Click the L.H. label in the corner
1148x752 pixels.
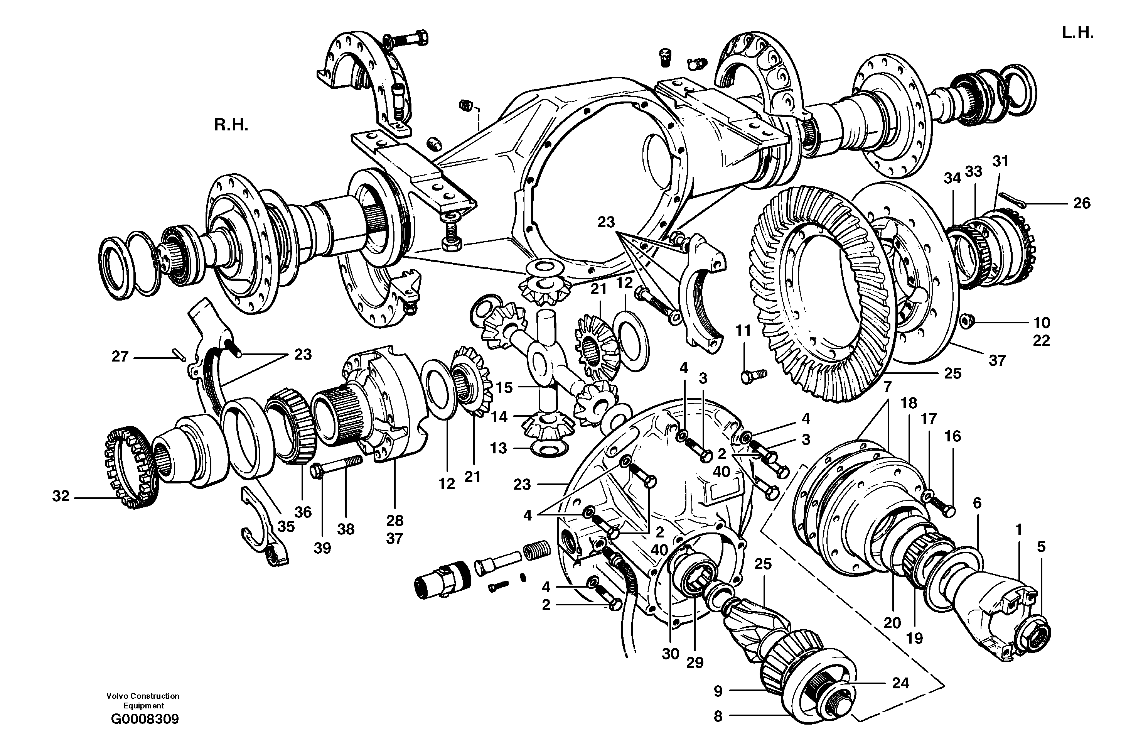click(1077, 33)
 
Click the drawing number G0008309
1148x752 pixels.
click(145, 719)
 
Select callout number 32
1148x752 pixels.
click(61, 496)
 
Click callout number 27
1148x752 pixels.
click(120, 357)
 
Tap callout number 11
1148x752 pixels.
click(743, 331)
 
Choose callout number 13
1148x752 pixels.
click(499, 448)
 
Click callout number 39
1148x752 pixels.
click(322, 548)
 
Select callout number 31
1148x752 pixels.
click(1000, 161)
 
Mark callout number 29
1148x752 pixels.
click(695, 663)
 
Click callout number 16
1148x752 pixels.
click(952, 436)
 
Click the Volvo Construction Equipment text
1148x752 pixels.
click(143, 700)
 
